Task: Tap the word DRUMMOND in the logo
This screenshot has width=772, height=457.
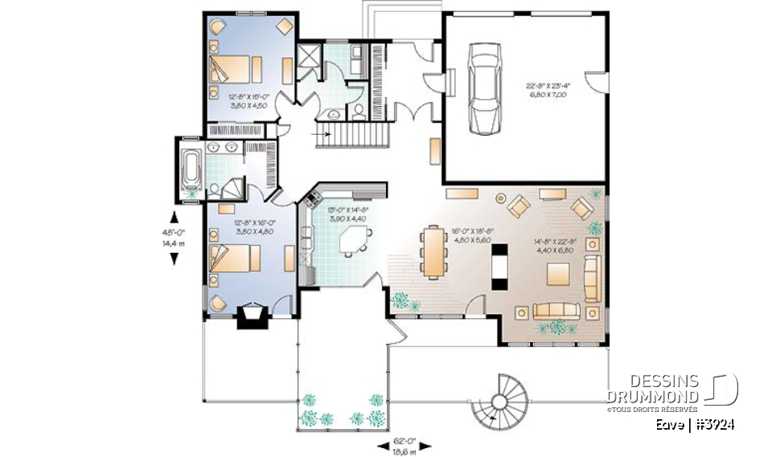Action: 651,396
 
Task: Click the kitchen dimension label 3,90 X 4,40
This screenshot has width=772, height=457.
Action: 347,218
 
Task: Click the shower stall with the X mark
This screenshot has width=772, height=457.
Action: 309,55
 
